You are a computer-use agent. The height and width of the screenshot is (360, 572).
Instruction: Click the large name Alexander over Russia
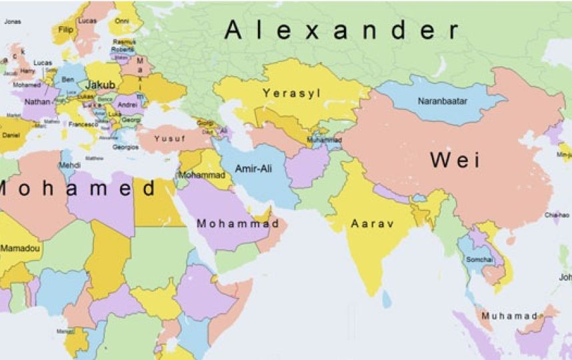tap(341, 30)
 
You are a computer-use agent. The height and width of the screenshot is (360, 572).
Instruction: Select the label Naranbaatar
tap(443, 101)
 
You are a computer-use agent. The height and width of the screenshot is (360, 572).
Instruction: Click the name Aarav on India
tap(373, 223)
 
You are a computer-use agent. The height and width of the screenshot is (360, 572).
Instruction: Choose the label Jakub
tap(100, 85)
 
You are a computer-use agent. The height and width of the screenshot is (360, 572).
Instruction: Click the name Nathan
tap(37, 103)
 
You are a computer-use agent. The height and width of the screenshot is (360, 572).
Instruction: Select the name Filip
tap(66, 29)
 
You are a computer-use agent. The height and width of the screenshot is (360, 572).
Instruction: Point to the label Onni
tap(121, 21)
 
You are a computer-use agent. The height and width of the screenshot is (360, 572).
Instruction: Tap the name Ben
tap(67, 79)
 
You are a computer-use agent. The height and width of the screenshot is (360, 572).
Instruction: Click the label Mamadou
tap(20, 248)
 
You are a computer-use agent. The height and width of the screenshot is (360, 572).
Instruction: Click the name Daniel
tap(11, 135)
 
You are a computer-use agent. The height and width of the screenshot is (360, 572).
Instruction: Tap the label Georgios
tap(125, 147)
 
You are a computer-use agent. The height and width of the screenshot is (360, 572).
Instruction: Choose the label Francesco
tap(83, 125)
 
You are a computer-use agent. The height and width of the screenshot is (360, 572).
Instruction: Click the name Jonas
tap(12, 21)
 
